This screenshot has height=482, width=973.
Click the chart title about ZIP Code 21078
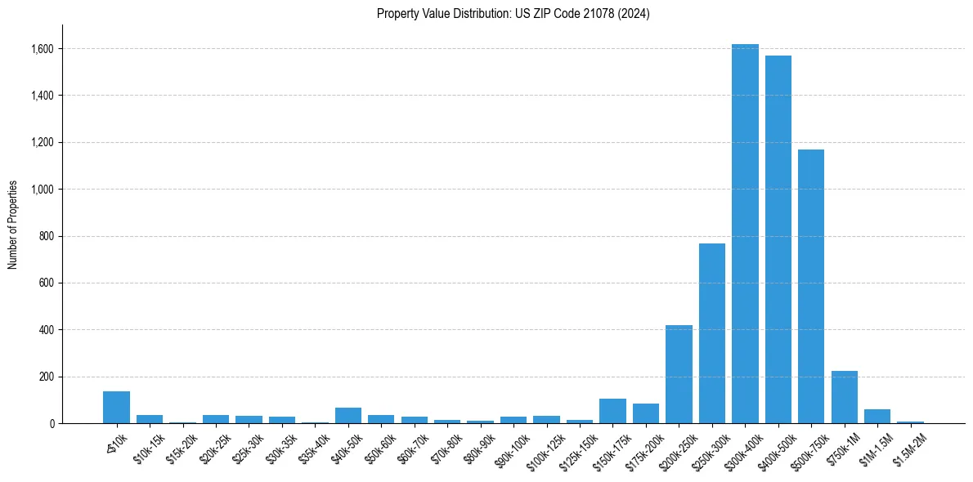tap(513, 14)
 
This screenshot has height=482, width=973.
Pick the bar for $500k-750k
tap(811, 286)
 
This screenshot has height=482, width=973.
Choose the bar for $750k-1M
tap(844, 397)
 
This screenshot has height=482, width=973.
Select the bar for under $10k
tap(116, 408)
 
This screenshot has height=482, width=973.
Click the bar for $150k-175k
tap(612, 411)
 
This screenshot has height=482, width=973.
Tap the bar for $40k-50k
tap(348, 415)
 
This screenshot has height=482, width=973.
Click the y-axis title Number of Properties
tap(13, 225)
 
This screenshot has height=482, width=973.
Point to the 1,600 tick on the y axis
tap(43, 49)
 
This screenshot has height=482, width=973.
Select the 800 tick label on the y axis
tap(47, 236)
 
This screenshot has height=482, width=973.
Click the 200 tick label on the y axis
tap(47, 377)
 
